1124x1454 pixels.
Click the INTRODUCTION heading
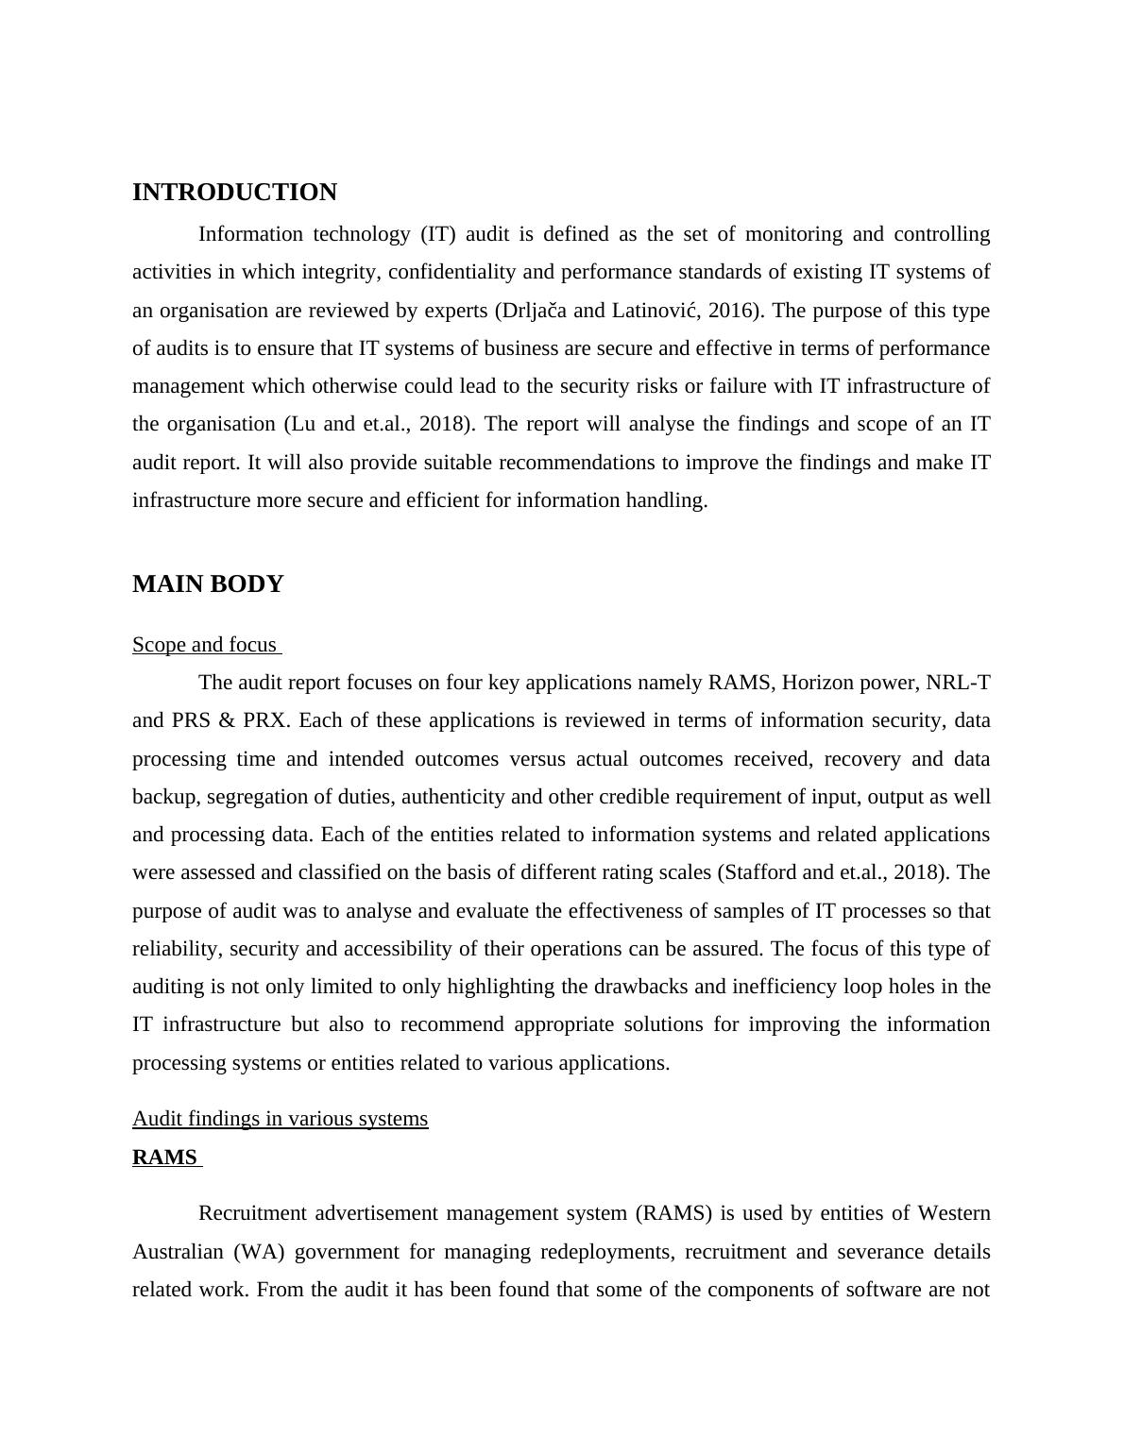tap(234, 193)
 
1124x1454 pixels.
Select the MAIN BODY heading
tap(208, 584)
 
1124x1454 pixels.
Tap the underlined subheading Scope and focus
tap(205, 645)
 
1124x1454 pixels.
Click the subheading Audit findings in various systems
tap(280, 1119)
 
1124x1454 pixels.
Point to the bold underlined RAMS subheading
tap(165, 1158)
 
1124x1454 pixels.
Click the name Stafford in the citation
tap(759, 872)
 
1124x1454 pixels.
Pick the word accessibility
tap(397, 949)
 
